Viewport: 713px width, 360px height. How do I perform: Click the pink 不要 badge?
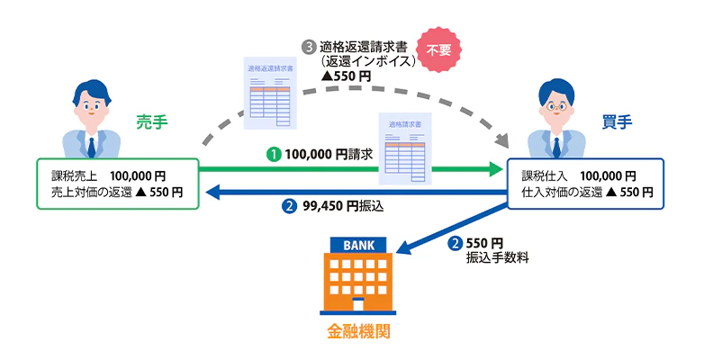pos(437,51)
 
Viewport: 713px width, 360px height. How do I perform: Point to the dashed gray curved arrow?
pos(225,117)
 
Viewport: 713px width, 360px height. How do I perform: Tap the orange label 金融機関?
pos(357,332)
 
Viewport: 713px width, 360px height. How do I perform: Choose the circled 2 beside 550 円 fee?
pos(456,243)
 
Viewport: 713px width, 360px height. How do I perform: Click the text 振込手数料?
pos(497,257)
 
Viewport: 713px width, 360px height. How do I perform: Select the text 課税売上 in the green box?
pos(70,175)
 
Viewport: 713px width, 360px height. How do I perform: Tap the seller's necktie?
pos(93,147)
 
